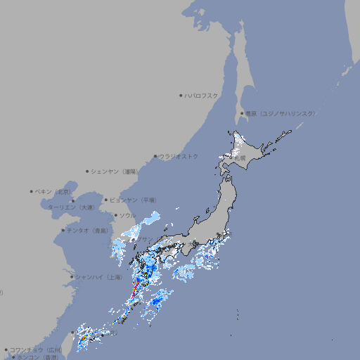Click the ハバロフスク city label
[x=202, y=95]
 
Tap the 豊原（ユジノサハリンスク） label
[x=280, y=113]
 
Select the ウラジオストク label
[x=179, y=156]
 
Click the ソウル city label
[x=127, y=215]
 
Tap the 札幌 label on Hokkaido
[x=240, y=159]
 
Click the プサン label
[x=143, y=240]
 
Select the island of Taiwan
[x=84, y=337]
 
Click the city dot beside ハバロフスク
[x=181, y=96]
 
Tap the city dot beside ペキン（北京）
[x=32, y=191]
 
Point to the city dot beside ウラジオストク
[x=155, y=157]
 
